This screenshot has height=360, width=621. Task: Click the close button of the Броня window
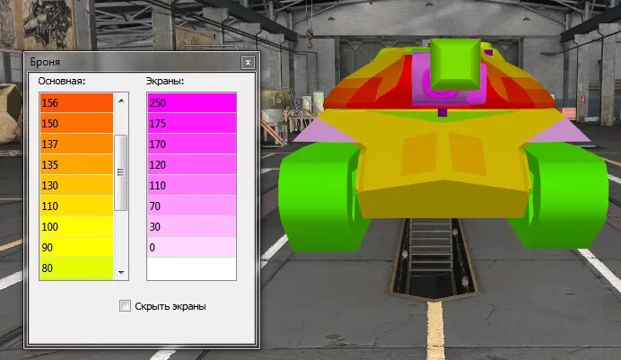click(x=247, y=63)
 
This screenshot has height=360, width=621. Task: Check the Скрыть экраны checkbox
click(x=126, y=306)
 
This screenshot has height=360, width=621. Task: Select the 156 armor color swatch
click(x=76, y=102)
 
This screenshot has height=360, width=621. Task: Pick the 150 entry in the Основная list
click(x=76, y=123)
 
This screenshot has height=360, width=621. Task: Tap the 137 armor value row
click(x=76, y=144)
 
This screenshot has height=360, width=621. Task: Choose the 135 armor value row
click(x=76, y=164)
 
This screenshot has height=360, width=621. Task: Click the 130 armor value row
click(x=76, y=185)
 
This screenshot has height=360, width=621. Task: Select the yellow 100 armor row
click(x=76, y=226)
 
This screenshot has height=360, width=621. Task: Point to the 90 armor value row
click(x=76, y=247)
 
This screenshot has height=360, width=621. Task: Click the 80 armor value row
click(x=76, y=267)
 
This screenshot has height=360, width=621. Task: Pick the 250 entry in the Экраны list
click(x=191, y=102)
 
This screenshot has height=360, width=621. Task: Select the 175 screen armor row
click(x=191, y=123)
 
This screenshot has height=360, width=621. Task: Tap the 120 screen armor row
click(x=191, y=164)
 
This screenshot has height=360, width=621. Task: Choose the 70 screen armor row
click(x=191, y=206)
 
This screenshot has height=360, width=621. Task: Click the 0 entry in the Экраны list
click(x=191, y=247)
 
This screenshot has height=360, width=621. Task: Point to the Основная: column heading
click(x=61, y=81)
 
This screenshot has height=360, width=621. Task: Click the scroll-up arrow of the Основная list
click(x=121, y=98)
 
